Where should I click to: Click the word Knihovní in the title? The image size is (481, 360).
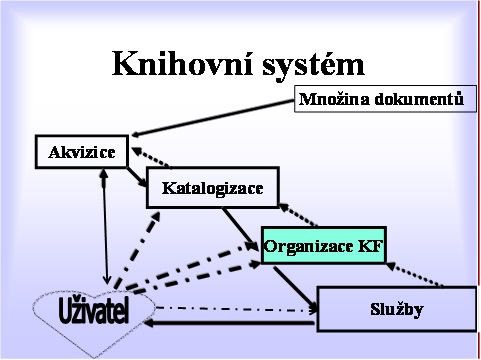pos(170,64)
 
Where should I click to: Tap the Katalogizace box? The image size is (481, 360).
pos(211,187)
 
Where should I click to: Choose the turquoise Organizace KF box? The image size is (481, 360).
pos(322,244)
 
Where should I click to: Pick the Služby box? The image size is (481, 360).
pos(396,309)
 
